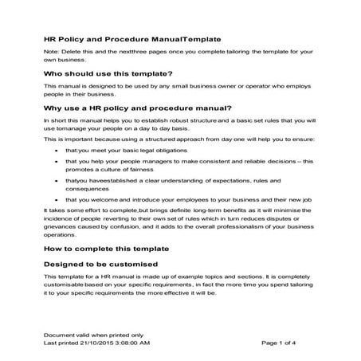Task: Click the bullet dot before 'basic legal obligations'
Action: [x=55, y=149]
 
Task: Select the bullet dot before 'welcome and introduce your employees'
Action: [x=55, y=200]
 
